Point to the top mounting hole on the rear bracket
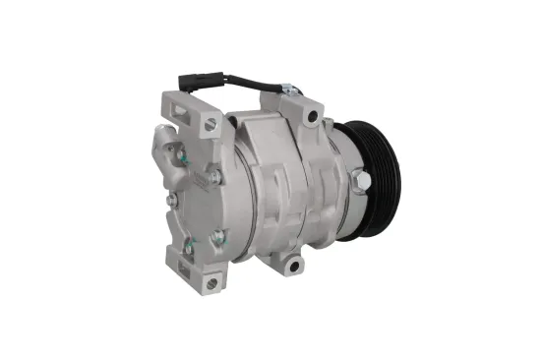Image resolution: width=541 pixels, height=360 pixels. coord(210,124)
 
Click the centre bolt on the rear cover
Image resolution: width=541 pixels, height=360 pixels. coord(215,177)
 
